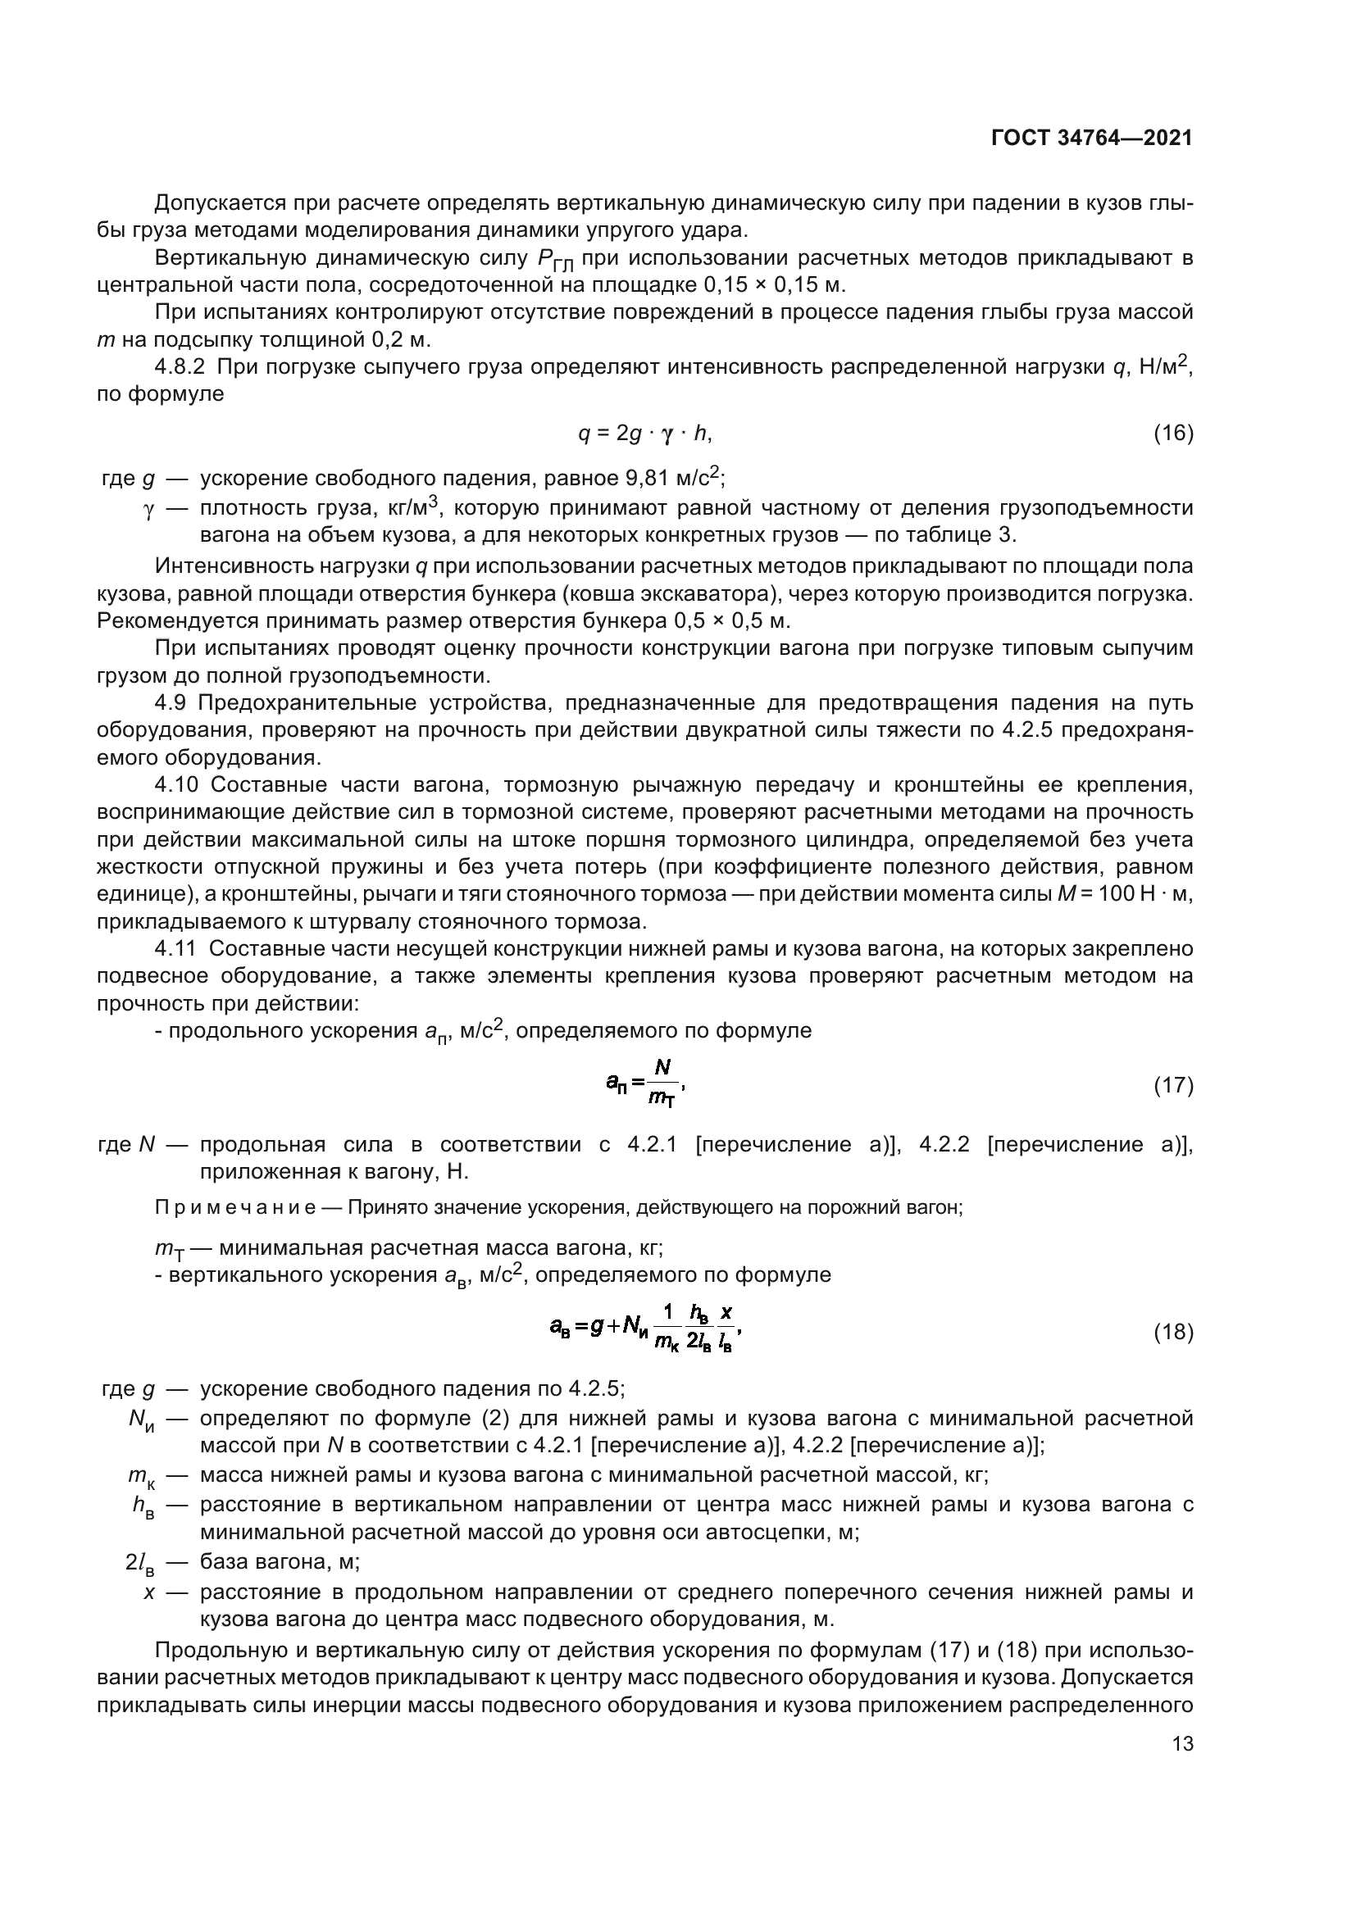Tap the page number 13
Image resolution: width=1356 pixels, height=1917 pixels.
tap(1182, 1743)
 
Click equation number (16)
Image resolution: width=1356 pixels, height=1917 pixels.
tap(1173, 434)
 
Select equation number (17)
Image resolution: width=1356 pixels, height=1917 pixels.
tap(1173, 1085)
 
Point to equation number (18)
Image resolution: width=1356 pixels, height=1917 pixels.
tap(1173, 1333)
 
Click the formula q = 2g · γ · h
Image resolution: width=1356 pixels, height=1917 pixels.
tap(644, 434)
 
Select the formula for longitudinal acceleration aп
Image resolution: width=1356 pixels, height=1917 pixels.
tap(645, 1083)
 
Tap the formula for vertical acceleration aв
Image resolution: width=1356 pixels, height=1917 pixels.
tap(644, 1331)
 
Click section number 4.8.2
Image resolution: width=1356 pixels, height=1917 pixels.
tap(179, 367)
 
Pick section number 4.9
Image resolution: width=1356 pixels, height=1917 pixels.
tap(172, 703)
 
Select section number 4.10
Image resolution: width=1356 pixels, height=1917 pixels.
tap(176, 785)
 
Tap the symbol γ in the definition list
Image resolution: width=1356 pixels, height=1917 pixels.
tap(149, 508)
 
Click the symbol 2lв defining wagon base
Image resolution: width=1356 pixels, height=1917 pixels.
tap(139, 1562)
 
